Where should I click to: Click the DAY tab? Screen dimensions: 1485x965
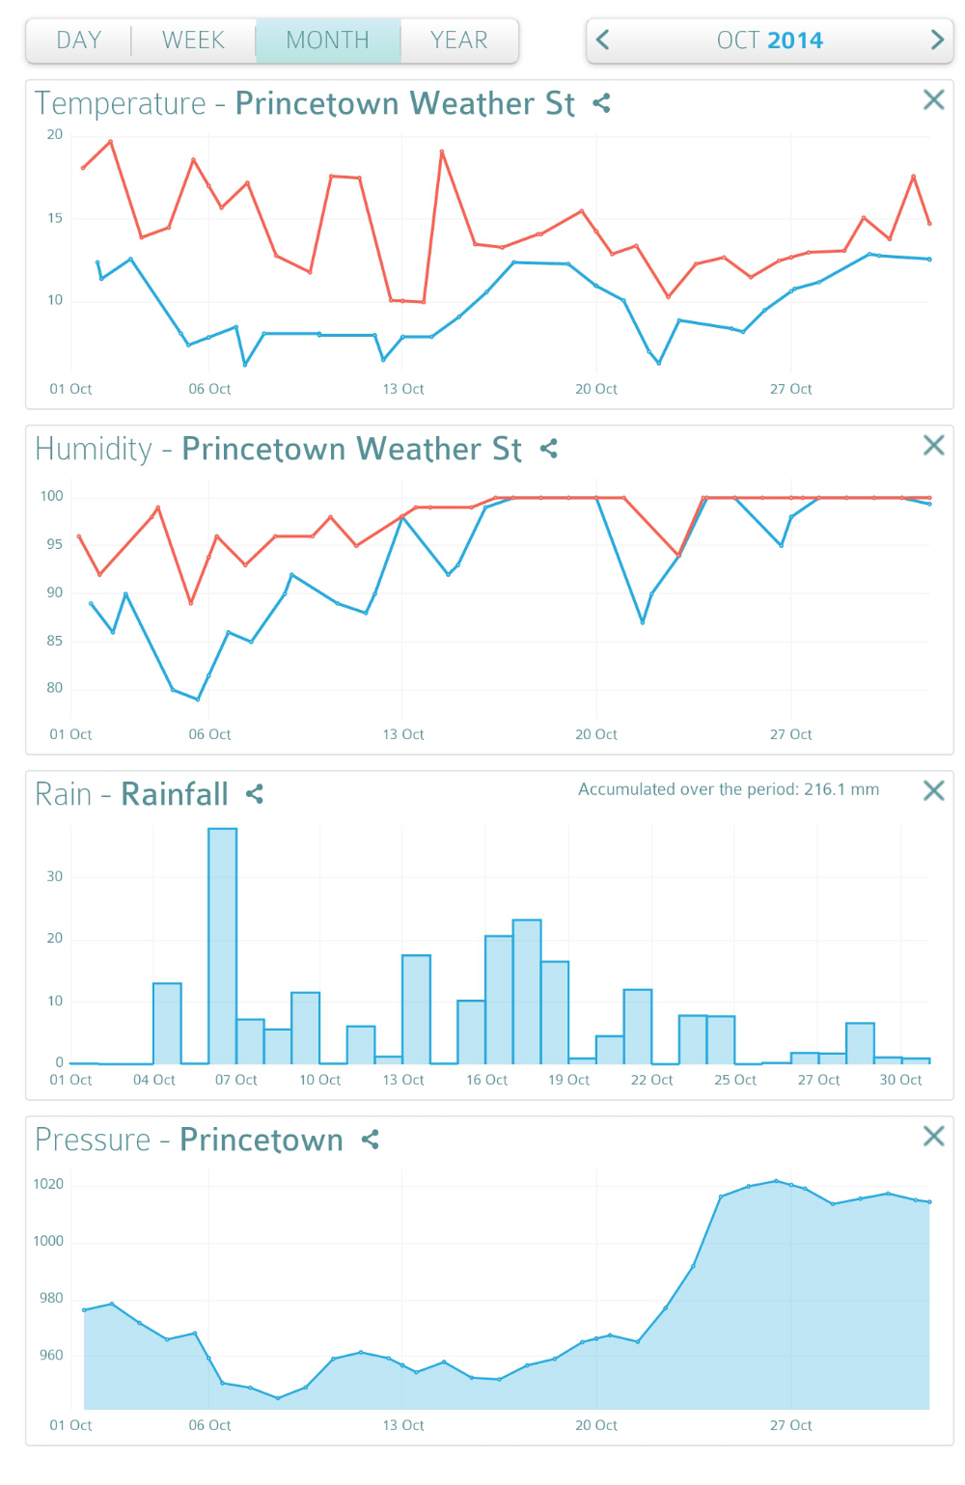coord(79,41)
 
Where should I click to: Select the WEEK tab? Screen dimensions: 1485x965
coord(193,41)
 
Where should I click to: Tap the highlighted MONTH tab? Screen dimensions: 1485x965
coord(328,41)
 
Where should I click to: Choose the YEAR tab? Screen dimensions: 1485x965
coord(459,41)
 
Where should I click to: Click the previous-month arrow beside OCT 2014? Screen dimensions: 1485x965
coord(603,40)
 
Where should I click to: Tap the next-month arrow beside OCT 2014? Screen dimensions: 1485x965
coord(936,40)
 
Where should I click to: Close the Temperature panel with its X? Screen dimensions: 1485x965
coord(933,99)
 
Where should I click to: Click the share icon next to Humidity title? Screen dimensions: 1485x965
coord(549,449)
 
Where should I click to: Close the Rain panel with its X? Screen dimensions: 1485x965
coord(933,790)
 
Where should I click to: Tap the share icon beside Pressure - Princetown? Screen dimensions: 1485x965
coord(371,1140)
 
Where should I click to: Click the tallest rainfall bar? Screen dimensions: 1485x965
coord(223,946)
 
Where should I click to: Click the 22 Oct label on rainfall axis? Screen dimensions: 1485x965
coord(651,1080)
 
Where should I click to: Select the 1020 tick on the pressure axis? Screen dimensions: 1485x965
coord(48,1184)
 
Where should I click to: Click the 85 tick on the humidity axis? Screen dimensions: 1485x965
coord(54,641)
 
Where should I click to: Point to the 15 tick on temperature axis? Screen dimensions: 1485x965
coord(55,218)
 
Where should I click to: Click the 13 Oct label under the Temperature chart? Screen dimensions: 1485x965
coord(403,389)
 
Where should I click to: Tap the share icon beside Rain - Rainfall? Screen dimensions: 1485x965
coord(255,794)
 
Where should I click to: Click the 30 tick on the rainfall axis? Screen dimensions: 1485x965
coord(54,876)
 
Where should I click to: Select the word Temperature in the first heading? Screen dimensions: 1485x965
coord(121,103)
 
